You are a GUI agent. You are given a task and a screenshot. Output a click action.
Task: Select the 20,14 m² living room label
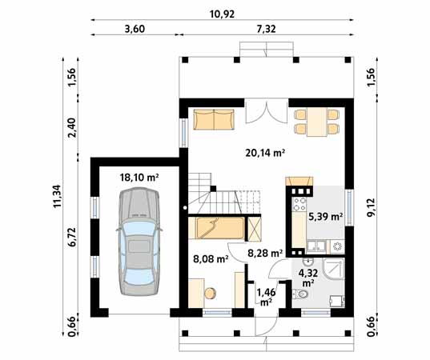(265, 151)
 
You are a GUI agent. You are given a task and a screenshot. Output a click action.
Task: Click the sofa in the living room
(215, 121)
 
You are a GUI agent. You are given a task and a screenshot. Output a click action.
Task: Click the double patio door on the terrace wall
(264, 110)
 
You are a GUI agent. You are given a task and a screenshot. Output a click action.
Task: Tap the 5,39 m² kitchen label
(325, 216)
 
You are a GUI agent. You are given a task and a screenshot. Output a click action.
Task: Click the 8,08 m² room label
(212, 258)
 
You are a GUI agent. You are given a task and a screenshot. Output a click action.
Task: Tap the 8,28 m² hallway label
(265, 253)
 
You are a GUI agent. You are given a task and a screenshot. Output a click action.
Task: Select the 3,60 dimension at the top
(135, 29)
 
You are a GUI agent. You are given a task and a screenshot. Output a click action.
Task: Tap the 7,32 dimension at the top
(267, 29)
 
